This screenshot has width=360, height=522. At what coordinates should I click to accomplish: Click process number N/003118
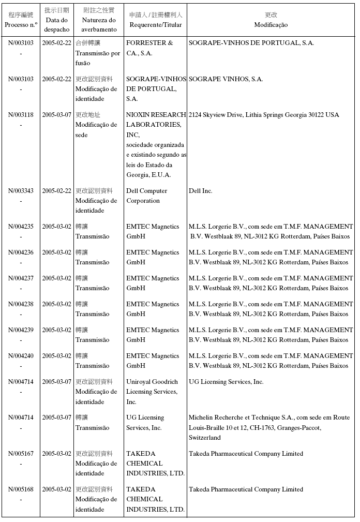pos(21,115)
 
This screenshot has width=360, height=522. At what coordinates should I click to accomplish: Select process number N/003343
pos(21,191)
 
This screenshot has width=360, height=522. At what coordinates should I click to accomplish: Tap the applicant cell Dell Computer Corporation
pos(147,196)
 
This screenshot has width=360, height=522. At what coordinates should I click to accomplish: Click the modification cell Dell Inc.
pos(201,191)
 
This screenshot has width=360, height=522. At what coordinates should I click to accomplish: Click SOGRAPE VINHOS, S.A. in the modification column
pos(226,79)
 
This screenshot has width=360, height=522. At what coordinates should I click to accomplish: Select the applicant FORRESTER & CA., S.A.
pos(149,48)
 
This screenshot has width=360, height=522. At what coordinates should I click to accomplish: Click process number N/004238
pos(21,304)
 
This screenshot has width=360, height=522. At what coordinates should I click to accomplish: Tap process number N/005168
pos(21,489)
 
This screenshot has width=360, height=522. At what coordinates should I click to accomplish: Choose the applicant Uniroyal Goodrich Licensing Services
pos(152,392)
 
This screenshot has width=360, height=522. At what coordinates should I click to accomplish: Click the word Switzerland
pos(205,438)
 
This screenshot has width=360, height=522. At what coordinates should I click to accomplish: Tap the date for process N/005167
pos(57,454)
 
